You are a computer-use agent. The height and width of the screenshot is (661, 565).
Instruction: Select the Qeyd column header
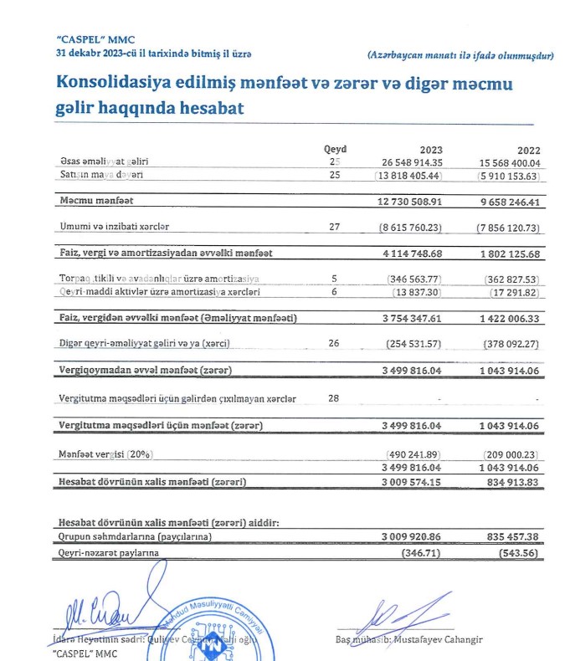coord(335,149)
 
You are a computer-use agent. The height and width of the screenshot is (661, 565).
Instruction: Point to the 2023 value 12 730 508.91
coord(411,201)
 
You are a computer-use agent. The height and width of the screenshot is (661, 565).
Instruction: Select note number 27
coord(334,226)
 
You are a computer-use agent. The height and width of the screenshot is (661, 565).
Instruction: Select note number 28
coord(334,398)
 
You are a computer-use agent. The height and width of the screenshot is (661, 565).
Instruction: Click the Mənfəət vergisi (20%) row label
coord(107,453)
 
